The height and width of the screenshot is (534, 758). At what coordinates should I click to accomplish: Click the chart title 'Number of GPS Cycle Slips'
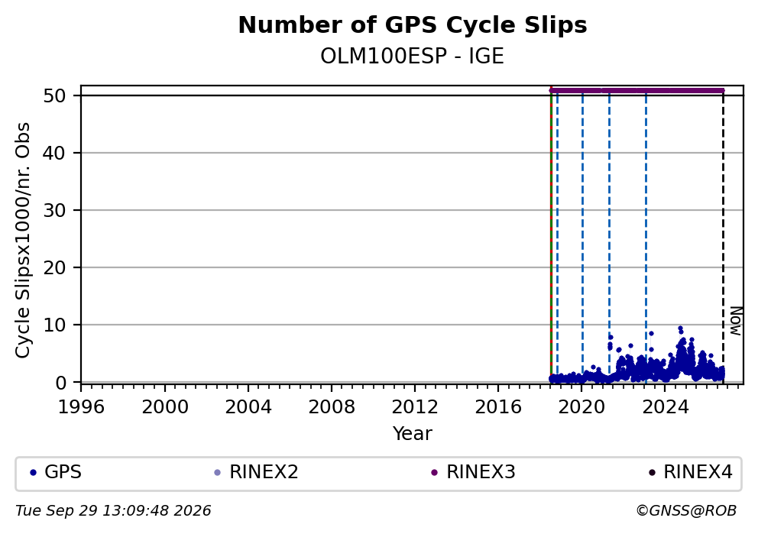coord(413,26)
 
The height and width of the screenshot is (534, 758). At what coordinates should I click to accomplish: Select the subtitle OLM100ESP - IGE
coord(413,57)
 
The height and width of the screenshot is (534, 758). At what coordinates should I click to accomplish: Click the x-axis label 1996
coord(81,407)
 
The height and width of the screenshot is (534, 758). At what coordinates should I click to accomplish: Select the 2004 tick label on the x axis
coord(248,407)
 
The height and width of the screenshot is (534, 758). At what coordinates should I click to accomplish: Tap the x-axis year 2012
coord(415,407)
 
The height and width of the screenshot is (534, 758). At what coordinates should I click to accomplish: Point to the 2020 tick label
coord(581,407)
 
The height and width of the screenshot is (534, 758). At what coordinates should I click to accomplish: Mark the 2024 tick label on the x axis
coord(665,407)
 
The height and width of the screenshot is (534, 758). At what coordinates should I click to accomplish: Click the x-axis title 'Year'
coord(413,433)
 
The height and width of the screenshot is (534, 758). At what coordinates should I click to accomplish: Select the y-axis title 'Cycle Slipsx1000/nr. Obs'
coord(23,240)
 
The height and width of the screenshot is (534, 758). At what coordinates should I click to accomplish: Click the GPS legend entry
coord(56,472)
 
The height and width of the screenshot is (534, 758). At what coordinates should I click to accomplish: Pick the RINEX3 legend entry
coord(473,472)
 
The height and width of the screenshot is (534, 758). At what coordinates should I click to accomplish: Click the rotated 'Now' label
coord(735,321)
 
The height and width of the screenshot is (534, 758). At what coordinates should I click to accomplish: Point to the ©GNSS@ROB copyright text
coord(686,511)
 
